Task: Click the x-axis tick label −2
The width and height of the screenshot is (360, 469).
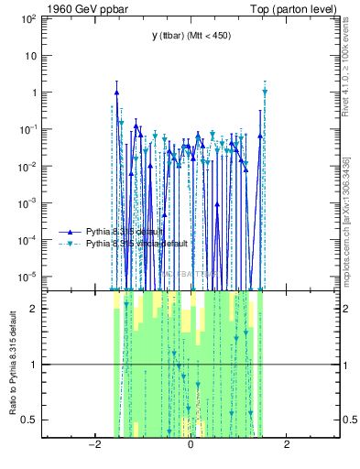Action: [x=93, y=446]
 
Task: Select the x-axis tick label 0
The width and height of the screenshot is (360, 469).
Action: [x=191, y=446]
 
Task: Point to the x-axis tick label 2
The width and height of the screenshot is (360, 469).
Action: [x=287, y=446]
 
